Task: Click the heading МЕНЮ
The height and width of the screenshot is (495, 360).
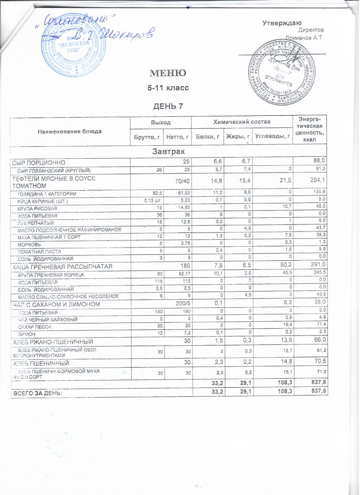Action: click(167, 73)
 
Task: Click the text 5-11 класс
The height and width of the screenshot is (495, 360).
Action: click(167, 88)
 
